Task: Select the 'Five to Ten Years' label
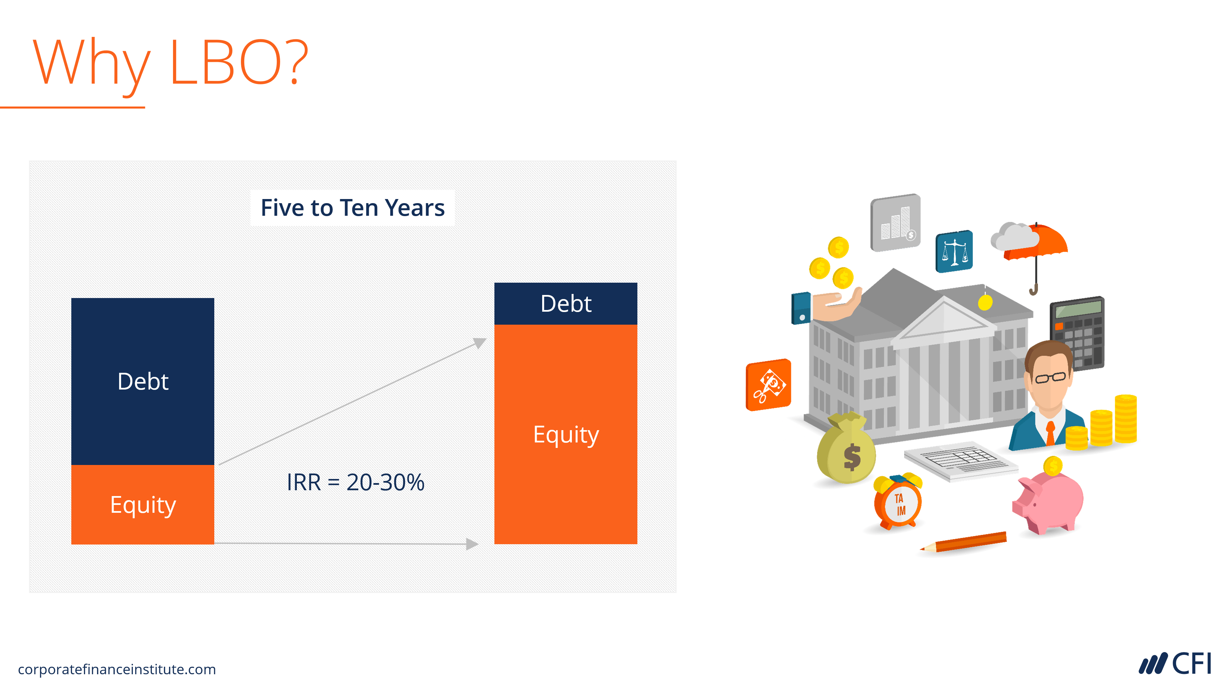(352, 208)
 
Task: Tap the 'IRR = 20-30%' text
(355, 482)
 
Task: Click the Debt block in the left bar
(143, 381)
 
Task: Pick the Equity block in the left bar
(143, 505)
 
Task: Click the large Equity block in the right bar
(565, 434)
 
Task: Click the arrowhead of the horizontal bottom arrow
(472, 544)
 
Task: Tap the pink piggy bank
(1049, 503)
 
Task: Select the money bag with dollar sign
(846, 451)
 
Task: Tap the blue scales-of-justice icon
(954, 251)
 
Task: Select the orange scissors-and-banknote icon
(768, 385)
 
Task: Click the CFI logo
(1175, 663)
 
